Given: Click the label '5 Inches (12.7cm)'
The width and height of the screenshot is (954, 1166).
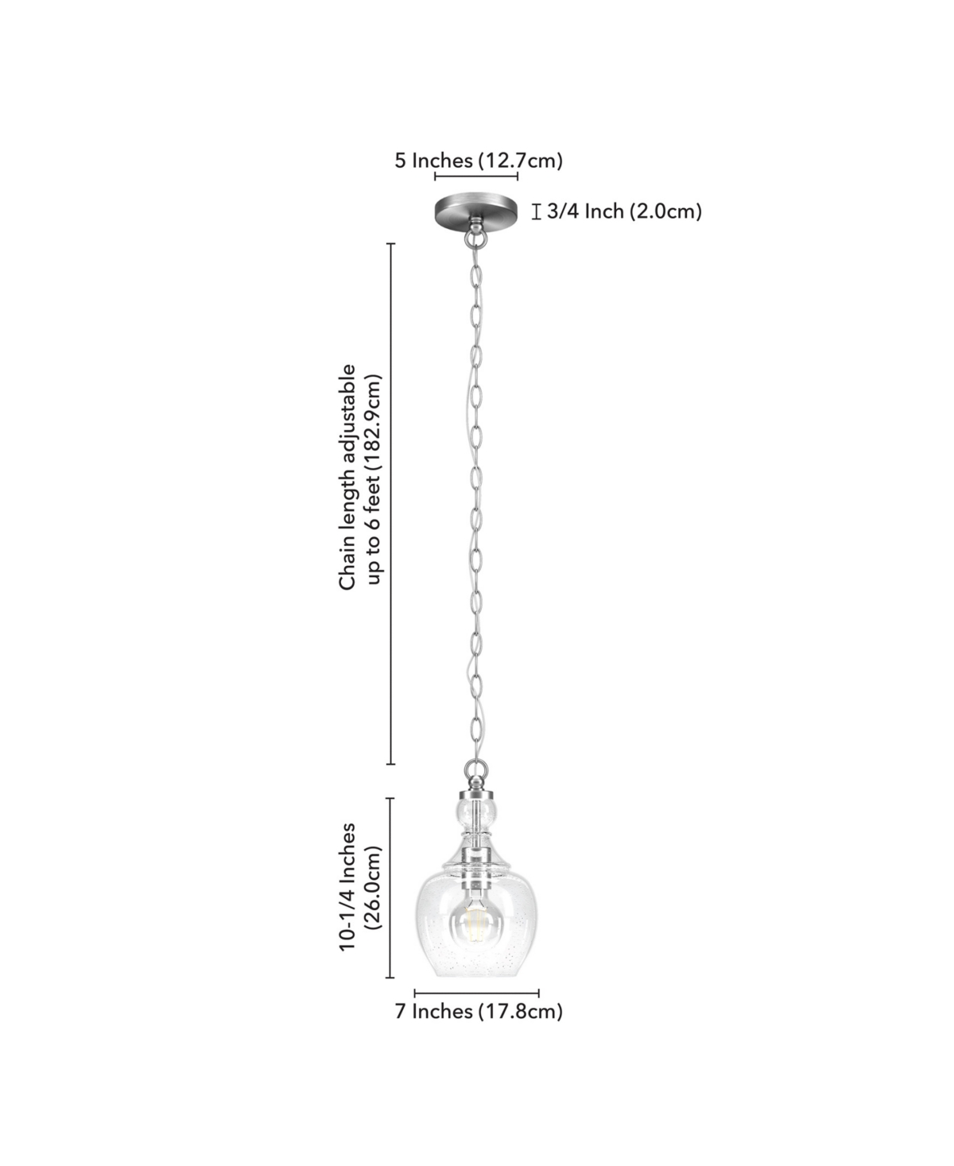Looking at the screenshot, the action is pos(479,161).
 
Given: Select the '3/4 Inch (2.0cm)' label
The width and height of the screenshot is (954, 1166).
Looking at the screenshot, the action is pos(624,211).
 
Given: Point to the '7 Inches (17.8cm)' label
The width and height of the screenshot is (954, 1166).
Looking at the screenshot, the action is pos(479,1011).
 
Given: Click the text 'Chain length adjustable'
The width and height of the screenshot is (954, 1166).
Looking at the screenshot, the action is pos(347,477).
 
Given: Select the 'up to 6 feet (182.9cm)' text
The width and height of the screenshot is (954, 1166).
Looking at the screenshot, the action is pos(374,479).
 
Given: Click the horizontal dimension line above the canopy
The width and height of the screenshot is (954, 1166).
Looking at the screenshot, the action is pos(475,176).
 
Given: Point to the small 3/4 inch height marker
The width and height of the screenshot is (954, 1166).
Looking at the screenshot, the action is pos(535,211).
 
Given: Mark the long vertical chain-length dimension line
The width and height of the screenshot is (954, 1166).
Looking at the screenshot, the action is pos(391,504).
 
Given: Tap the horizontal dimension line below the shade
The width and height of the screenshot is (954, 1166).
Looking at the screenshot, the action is pos(477,993).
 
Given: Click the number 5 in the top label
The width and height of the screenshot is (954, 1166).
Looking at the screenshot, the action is pos(401,161).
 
